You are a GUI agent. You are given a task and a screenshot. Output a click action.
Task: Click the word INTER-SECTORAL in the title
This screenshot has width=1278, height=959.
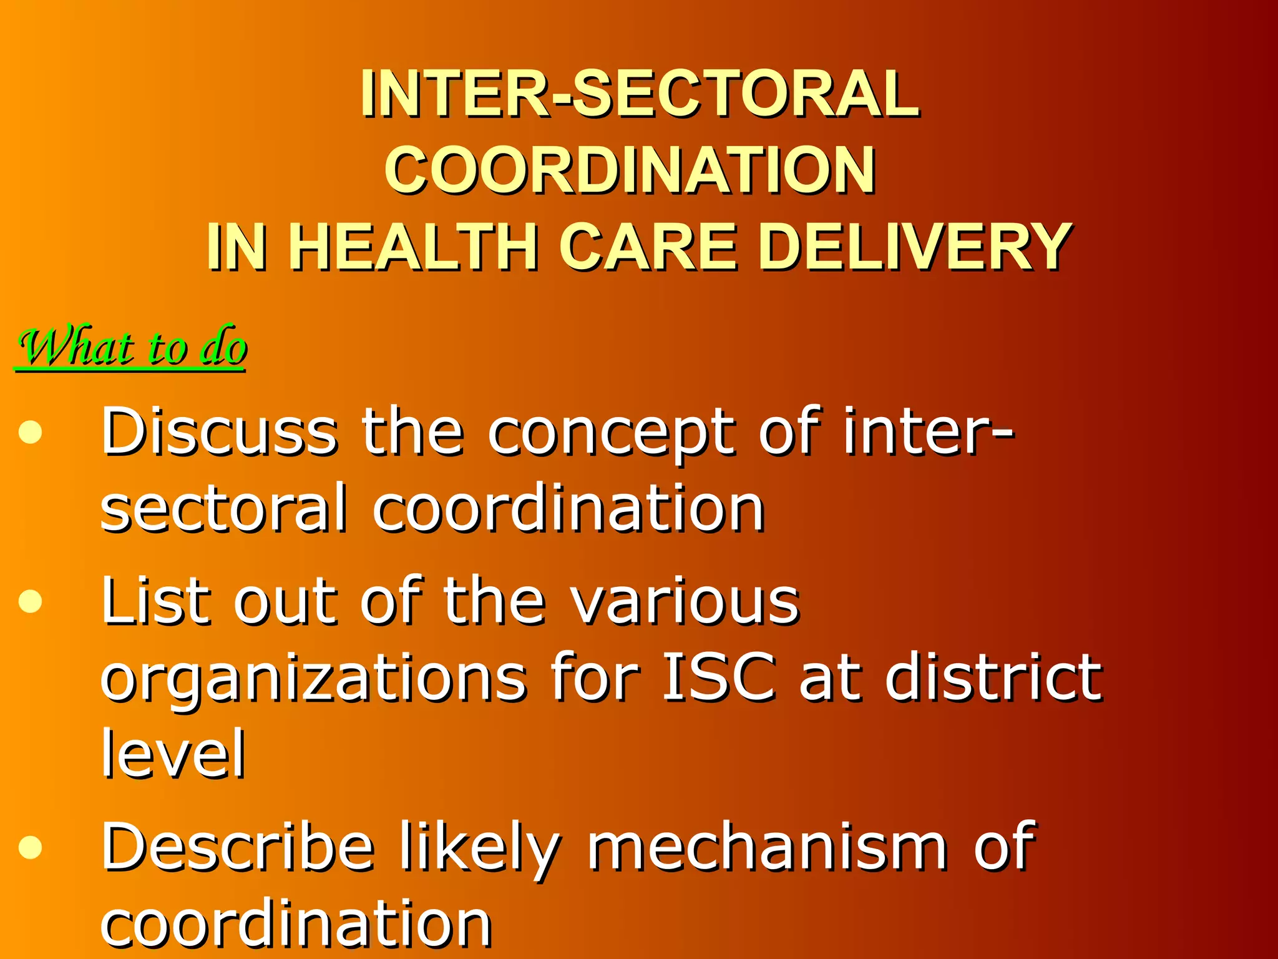pos(639,94)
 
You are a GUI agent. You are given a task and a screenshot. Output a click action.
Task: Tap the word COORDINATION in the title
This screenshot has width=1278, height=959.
pos(630,170)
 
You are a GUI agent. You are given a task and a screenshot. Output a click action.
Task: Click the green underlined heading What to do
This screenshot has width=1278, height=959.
pos(132,348)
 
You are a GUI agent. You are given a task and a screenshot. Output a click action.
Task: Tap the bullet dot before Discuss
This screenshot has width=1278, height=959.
pos(30,432)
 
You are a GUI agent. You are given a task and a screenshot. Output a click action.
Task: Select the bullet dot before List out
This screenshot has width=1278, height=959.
pos(30,602)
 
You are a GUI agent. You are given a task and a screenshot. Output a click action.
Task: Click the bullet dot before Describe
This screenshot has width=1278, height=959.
pos(30,847)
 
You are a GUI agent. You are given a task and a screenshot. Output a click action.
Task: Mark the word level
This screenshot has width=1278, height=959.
pos(173,754)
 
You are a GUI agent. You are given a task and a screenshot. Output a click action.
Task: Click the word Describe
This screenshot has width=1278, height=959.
pos(238,847)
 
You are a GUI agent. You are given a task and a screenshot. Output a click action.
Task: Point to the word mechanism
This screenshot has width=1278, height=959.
pos(768,847)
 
